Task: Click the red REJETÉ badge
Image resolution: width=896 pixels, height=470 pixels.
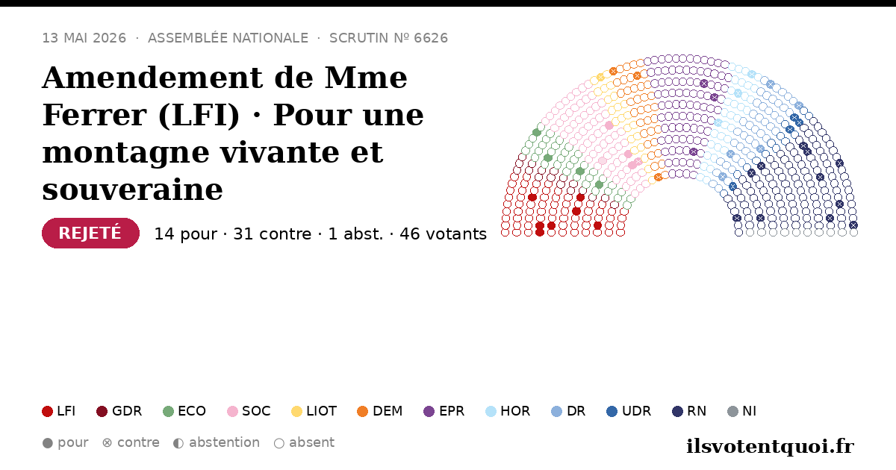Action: click(x=91, y=233)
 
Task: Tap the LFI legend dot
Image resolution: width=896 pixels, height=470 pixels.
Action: click(x=47, y=411)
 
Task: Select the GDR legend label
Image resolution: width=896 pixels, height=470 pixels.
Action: click(x=127, y=411)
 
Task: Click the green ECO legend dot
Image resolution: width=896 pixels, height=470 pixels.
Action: click(x=169, y=411)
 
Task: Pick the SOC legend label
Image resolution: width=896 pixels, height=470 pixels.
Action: click(x=256, y=411)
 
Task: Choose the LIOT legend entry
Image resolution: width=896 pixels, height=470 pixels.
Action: click(x=314, y=411)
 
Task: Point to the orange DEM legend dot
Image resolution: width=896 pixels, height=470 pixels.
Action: click(x=362, y=411)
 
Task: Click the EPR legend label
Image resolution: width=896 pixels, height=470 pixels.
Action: click(x=452, y=411)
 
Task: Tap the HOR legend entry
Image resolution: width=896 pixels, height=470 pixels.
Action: click(x=508, y=411)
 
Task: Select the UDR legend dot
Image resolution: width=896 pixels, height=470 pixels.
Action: click(x=612, y=411)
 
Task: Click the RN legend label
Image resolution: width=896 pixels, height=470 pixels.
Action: click(x=697, y=411)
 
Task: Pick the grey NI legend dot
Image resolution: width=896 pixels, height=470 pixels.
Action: click(x=732, y=411)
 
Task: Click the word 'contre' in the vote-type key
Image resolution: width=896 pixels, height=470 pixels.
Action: click(x=138, y=443)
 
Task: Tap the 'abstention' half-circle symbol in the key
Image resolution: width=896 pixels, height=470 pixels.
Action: click(x=178, y=443)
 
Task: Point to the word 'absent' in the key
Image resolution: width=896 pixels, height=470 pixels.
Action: click(x=311, y=443)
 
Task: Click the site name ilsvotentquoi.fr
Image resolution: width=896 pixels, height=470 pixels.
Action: click(x=770, y=446)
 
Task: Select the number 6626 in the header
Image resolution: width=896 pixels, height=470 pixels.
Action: click(x=431, y=38)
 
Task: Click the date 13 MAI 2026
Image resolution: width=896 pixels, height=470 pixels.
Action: click(x=84, y=38)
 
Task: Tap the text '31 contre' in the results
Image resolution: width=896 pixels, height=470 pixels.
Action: click(x=272, y=234)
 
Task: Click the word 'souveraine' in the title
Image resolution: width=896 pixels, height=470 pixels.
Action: click(x=132, y=189)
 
